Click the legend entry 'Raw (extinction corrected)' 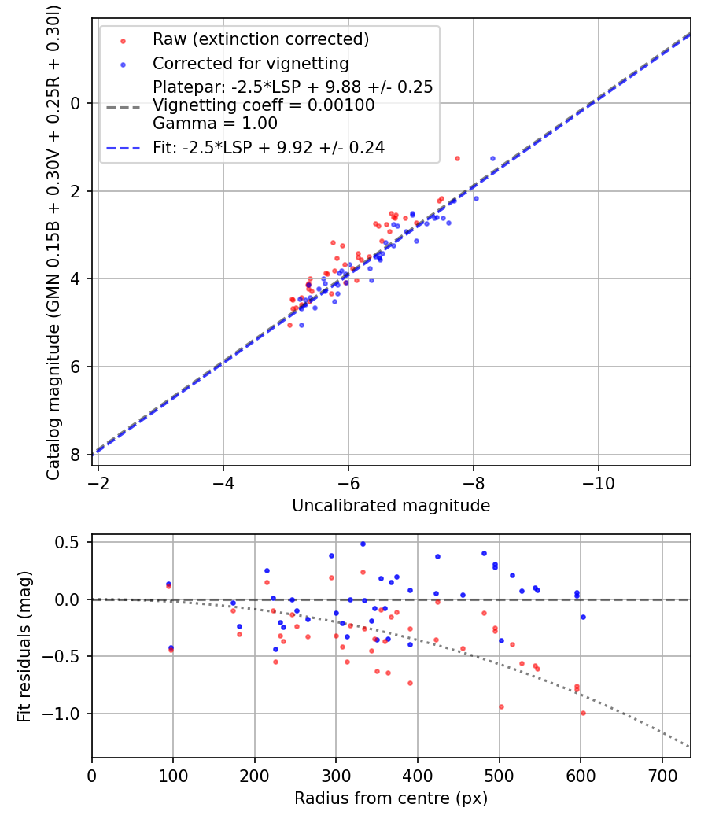260,39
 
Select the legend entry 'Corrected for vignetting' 250,63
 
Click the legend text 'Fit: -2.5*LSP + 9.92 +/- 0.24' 268,147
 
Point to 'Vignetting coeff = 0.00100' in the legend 264,105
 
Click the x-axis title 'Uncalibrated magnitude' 391,506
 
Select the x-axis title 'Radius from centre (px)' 391,798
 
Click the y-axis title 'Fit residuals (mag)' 24,646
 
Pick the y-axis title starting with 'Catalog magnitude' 53,241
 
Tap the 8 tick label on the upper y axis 76,455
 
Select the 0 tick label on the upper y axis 76,104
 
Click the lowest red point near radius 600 583,713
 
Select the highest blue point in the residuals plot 363,544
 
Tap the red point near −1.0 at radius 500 501,706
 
